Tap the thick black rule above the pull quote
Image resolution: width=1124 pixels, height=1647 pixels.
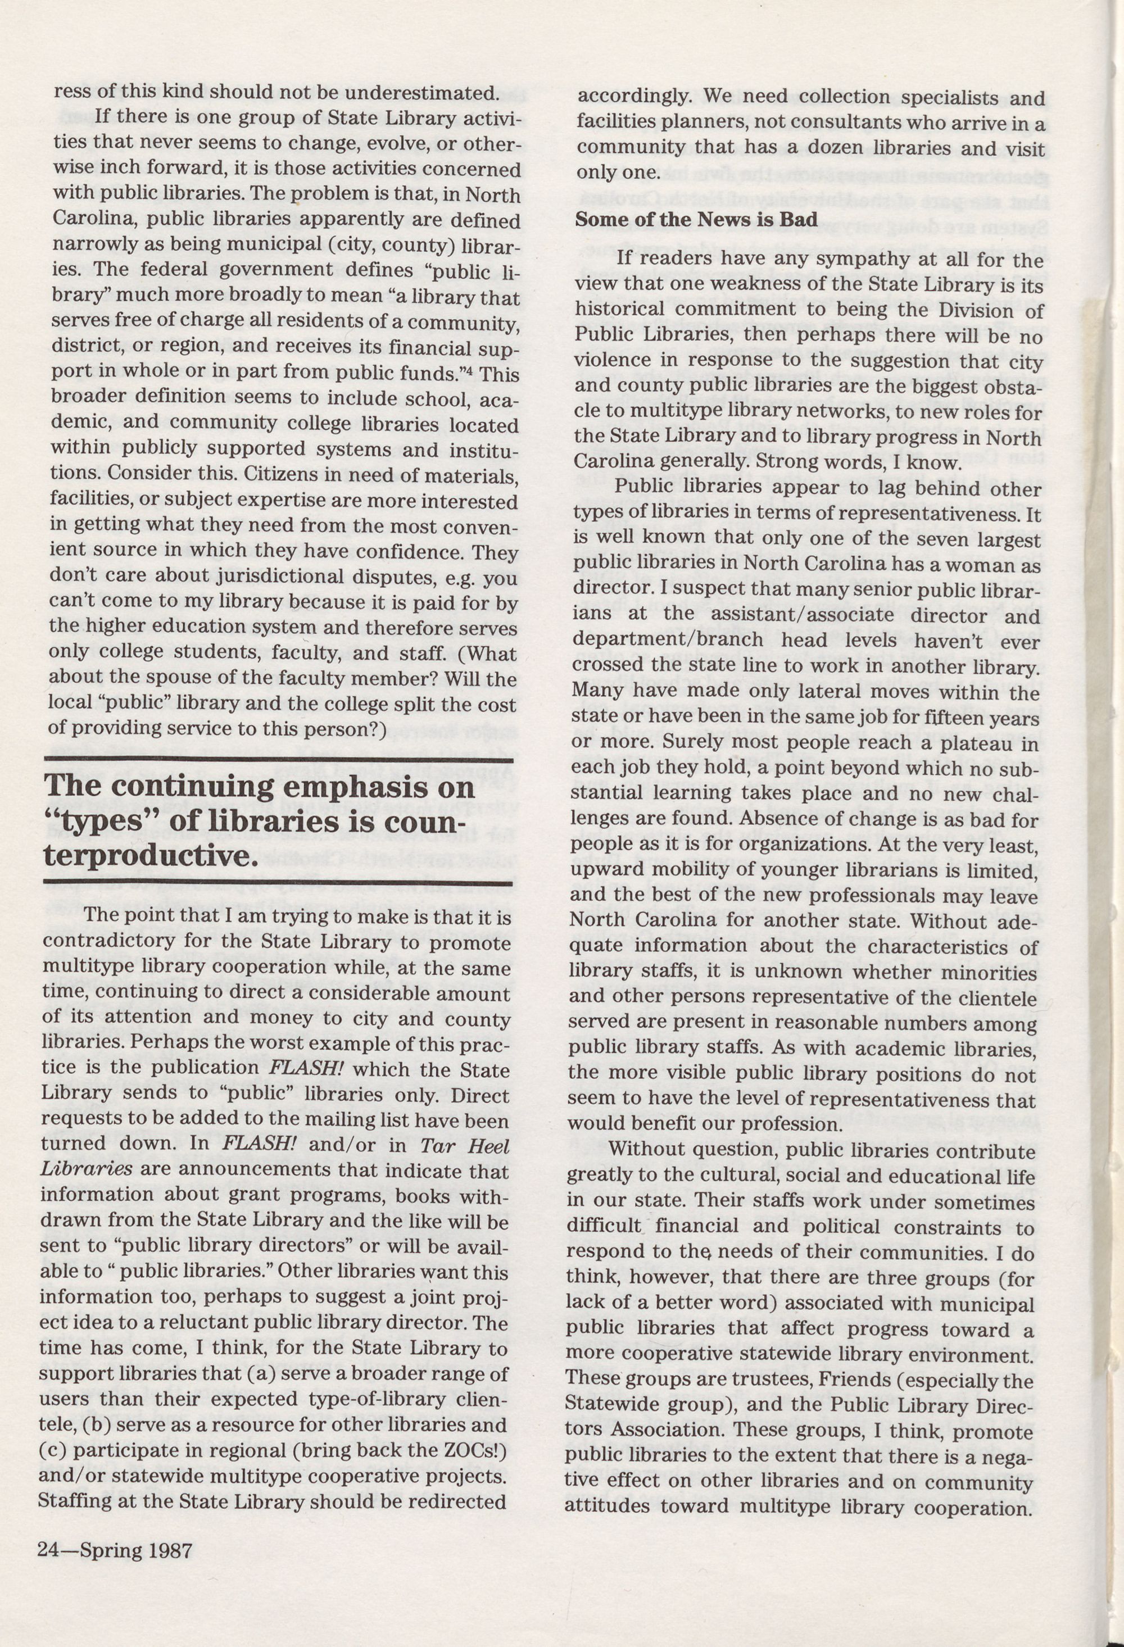[x=279, y=760]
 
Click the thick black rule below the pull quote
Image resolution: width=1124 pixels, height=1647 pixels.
[x=279, y=884]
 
